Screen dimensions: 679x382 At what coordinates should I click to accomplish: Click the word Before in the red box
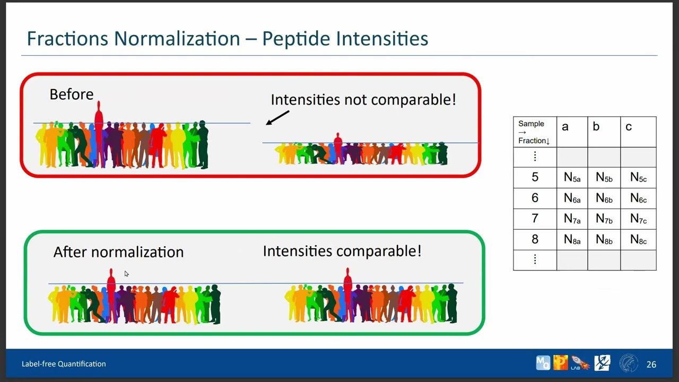click(x=72, y=94)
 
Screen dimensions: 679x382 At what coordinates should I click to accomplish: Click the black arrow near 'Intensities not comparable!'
click(x=277, y=118)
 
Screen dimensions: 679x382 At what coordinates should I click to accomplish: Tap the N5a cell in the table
click(x=572, y=177)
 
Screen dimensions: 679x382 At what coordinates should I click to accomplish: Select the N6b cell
click(x=604, y=198)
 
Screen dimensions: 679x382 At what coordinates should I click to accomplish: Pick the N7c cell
click(x=638, y=219)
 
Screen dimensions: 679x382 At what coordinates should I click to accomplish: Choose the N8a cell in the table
click(x=572, y=239)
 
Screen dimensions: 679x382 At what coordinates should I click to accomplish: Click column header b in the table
click(x=596, y=127)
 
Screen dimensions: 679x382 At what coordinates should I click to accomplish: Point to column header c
click(x=629, y=127)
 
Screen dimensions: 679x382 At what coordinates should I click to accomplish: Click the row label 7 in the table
click(x=535, y=218)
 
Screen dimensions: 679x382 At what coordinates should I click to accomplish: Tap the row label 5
click(x=535, y=177)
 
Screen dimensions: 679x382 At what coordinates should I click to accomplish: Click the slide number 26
click(x=651, y=364)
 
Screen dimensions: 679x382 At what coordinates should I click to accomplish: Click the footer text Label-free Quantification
click(x=64, y=364)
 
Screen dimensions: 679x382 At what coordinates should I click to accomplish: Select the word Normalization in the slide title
click(x=177, y=39)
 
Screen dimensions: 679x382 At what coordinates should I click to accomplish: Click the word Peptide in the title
click(x=296, y=39)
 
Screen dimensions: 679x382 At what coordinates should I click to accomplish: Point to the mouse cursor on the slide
click(x=126, y=274)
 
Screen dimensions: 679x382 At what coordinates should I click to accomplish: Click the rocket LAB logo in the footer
click(x=580, y=363)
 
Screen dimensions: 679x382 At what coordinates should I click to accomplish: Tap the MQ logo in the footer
click(x=543, y=363)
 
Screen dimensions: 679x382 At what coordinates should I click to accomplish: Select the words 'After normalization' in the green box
click(x=118, y=252)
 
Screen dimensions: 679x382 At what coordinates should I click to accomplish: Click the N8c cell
click(x=638, y=239)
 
